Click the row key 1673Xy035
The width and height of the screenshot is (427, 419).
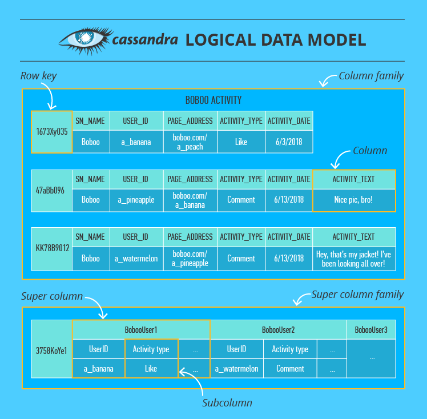[x=51, y=132]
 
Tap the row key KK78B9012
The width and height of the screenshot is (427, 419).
[x=51, y=248]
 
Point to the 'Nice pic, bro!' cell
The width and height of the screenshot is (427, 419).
[x=354, y=200]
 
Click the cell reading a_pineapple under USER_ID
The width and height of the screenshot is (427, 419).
[x=136, y=200]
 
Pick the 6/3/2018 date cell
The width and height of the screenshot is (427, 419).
[x=288, y=142]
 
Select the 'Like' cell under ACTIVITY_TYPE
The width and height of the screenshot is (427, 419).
[x=241, y=142]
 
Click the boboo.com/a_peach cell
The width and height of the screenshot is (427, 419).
[x=190, y=142]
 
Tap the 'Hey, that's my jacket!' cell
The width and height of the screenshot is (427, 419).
[x=354, y=258]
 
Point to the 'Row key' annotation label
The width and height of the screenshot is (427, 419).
[x=38, y=76]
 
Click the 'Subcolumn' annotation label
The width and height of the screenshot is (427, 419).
[x=227, y=402]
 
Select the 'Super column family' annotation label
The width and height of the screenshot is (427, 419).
[x=357, y=295]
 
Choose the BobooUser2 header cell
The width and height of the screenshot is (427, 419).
[x=278, y=330]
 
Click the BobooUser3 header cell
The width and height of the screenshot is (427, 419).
[x=371, y=330]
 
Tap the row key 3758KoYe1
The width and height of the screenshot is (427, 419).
[x=51, y=349]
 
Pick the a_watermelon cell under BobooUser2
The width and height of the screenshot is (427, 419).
[x=236, y=369]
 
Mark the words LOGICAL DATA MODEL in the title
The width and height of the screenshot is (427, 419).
[x=275, y=40]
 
